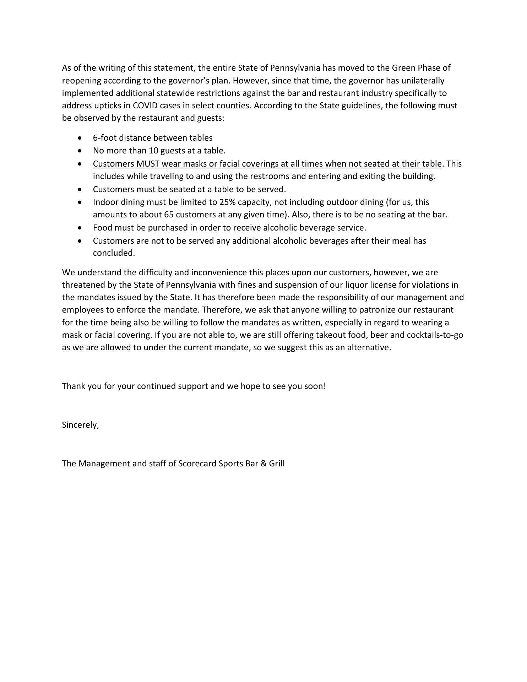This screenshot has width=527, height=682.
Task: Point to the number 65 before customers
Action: tap(169, 215)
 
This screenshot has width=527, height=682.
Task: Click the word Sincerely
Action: tap(80, 425)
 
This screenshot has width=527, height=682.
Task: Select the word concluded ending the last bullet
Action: tap(114, 253)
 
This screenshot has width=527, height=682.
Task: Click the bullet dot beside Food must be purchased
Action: tap(81, 228)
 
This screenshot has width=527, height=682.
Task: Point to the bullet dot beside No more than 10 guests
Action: tap(81, 151)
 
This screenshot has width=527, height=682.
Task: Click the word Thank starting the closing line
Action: tap(73, 386)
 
